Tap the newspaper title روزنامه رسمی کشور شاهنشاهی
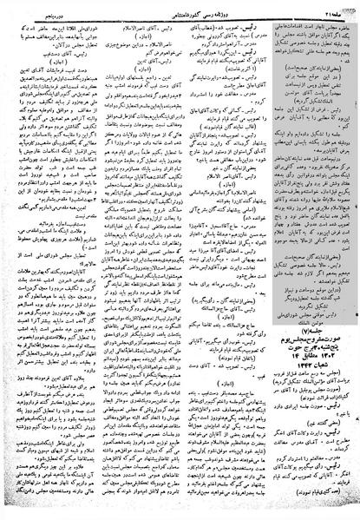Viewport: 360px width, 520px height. click(x=180, y=6)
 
